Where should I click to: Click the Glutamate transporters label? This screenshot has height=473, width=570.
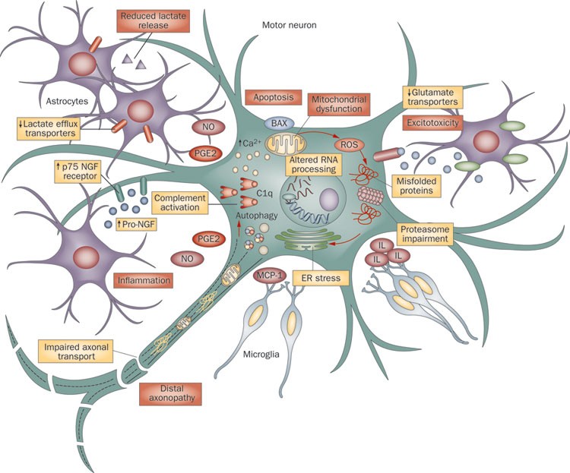click(x=434, y=97)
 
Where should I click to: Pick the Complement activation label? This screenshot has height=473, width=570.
click(x=180, y=203)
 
